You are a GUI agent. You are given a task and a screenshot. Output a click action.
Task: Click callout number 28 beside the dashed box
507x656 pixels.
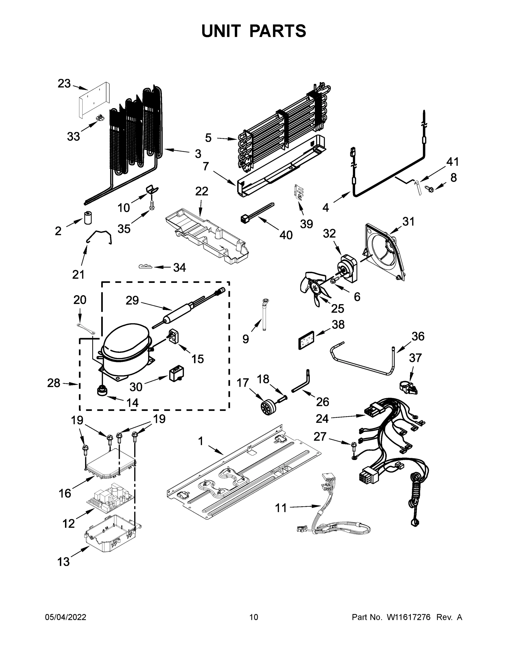coord(54,383)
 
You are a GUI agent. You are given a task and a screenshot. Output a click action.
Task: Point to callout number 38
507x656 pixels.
coord(338,324)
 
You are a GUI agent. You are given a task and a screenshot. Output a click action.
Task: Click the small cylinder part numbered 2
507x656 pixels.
coord(88,218)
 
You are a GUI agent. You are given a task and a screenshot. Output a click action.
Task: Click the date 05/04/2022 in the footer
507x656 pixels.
coord(66,617)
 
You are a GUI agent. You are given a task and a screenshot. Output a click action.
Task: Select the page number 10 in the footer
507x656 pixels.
coord(254,617)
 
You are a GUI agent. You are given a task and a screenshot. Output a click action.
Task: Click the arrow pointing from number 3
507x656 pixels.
coord(179,151)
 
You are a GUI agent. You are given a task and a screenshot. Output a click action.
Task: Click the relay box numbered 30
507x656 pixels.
coord(176,374)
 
